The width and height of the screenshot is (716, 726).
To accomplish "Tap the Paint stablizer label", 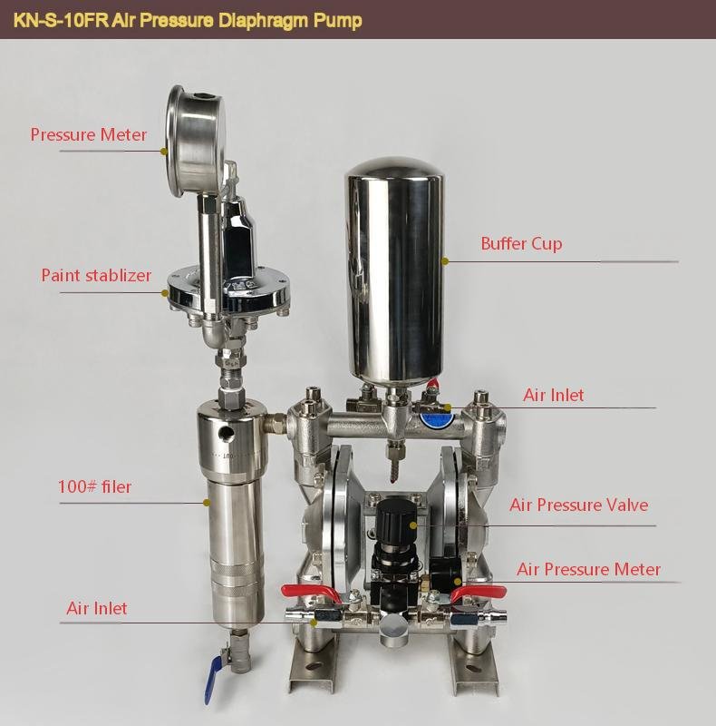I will [96, 275].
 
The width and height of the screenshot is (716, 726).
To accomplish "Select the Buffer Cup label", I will [521, 243].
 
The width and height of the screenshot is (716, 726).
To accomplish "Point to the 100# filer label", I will [93, 487].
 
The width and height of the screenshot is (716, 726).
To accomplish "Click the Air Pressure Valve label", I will [578, 505].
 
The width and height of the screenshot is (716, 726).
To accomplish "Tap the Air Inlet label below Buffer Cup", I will [553, 395].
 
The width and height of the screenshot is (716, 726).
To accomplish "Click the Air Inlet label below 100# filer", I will [97, 608].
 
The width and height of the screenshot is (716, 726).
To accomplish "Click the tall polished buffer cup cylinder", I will [396, 272].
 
